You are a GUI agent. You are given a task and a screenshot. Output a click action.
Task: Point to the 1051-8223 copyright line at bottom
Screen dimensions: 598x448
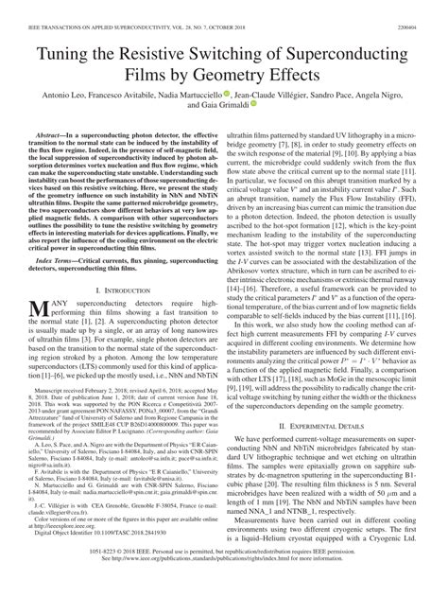(224, 576)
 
